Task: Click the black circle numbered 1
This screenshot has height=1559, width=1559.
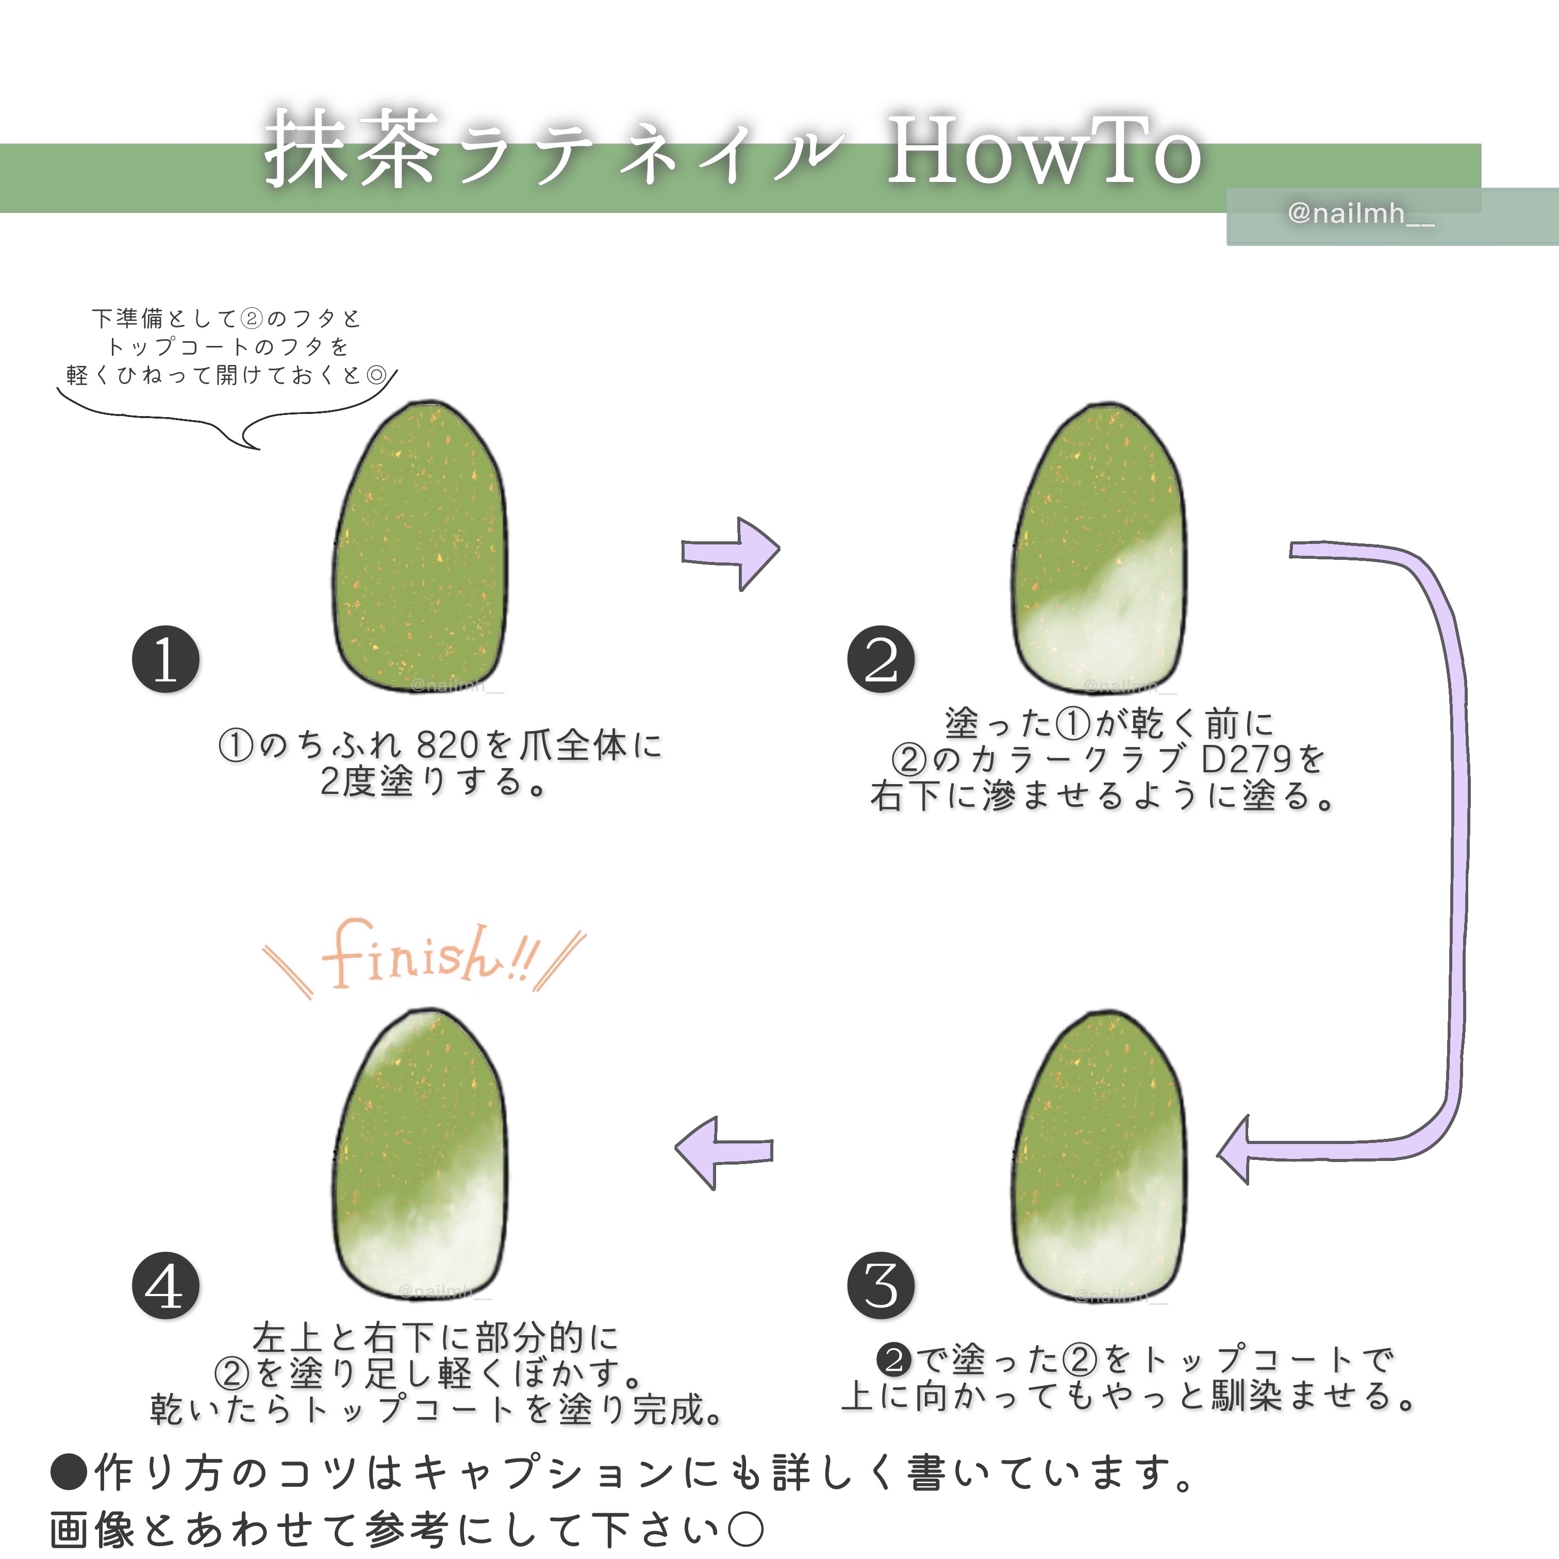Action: pyautogui.click(x=165, y=659)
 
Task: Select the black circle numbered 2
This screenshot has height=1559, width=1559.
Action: pyautogui.click(x=881, y=659)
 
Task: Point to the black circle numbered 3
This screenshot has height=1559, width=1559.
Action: pyautogui.click(x=881, y=1285)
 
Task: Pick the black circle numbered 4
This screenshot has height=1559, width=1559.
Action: pyautogui.click(x=165, y=1285)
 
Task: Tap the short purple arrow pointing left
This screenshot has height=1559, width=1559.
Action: pyautogui.click(x=722, y=1152)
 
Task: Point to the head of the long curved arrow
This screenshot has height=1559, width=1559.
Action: pyautogui.click(x=1235, y=1149)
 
